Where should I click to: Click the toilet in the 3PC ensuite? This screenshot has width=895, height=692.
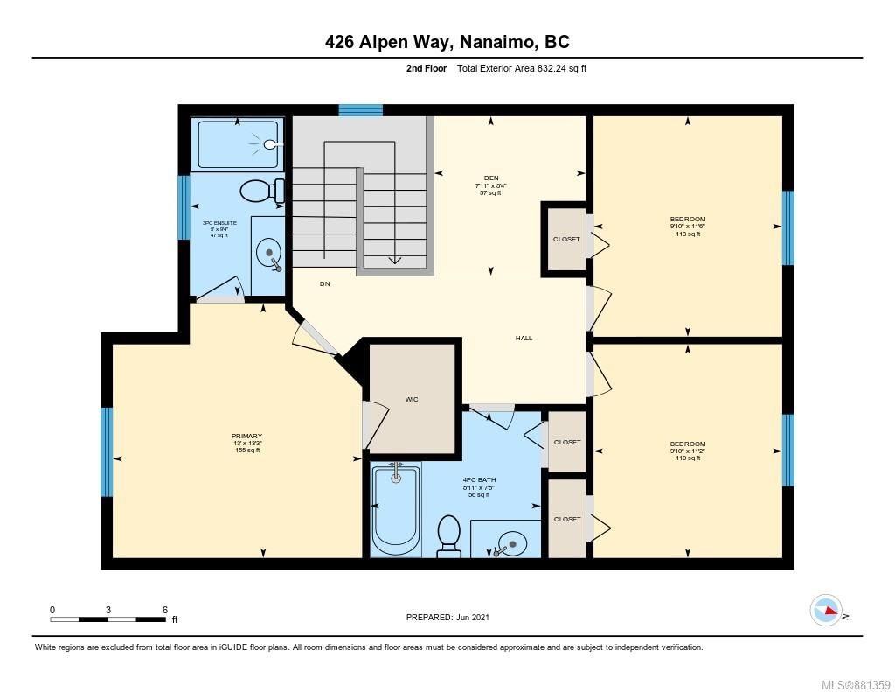262,191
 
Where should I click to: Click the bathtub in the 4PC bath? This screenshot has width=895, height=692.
397,510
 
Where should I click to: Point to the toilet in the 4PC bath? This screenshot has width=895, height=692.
448,535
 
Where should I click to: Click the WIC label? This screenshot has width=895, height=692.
412,399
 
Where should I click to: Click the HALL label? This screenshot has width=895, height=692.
524,338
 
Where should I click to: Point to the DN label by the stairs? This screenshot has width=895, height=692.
324,283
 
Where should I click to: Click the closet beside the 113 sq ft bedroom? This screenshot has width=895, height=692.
565,239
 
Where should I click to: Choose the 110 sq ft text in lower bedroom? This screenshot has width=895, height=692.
687,458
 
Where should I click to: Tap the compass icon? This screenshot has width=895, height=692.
825,610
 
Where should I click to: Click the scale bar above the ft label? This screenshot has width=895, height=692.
108,619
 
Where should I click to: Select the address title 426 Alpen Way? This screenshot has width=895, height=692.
447,41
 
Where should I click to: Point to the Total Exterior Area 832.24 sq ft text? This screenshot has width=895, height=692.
522,68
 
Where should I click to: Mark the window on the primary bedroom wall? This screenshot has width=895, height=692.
107,451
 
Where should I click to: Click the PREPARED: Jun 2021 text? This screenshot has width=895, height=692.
447,617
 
